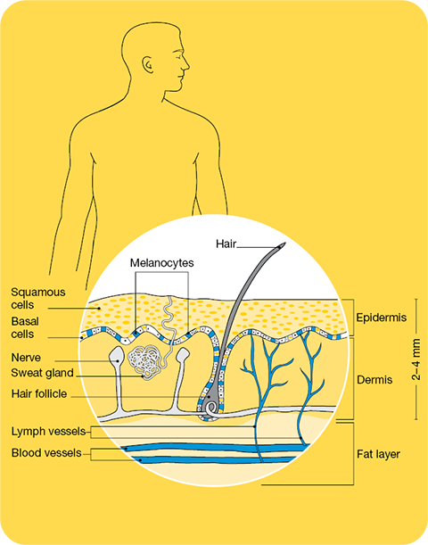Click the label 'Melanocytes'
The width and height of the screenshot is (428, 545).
click(162, 263)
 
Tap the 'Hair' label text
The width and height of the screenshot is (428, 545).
click(226, 244)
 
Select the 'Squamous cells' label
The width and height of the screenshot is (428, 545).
click(37, 298)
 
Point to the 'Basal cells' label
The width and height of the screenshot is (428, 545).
click(25, 327)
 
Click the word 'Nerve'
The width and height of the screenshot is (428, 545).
click(26, 358)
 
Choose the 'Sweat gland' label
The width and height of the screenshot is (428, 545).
click(42, 373)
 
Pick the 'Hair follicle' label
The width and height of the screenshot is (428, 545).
click(39, 393)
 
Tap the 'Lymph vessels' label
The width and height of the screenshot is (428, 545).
click(48, 432)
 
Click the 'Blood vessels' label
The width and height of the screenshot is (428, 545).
click(46, 453)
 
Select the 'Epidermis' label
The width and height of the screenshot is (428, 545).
click(382, 318)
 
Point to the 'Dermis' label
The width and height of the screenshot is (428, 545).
click(374, 380)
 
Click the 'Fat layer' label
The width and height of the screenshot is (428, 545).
click(378, 454)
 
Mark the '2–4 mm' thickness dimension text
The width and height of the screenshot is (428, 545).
click(416, 359)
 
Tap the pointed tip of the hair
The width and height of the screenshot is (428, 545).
click(284, 244)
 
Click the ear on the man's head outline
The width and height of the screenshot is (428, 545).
click(147, 64)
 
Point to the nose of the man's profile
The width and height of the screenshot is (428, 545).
click(187, 64)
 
